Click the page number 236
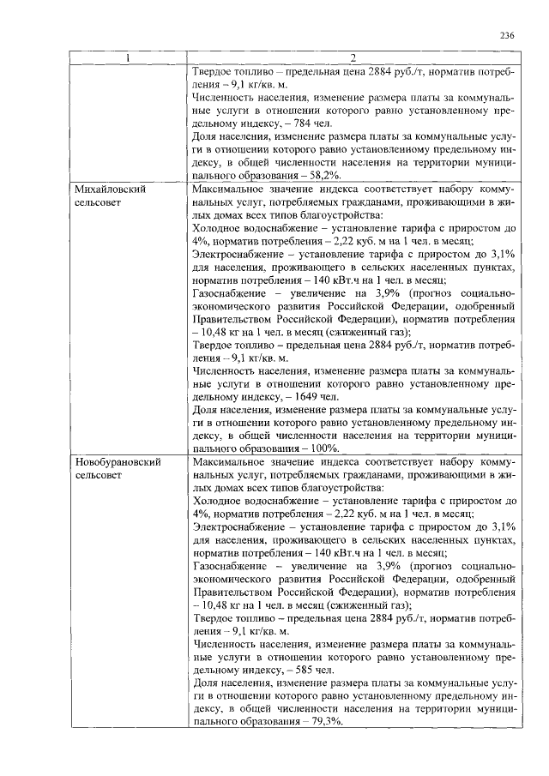[506, 36]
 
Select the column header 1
[128, 58]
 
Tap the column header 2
[353, 58]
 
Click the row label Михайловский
[109, 188]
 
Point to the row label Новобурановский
[118, 462]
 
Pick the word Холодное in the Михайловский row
[218, 227]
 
